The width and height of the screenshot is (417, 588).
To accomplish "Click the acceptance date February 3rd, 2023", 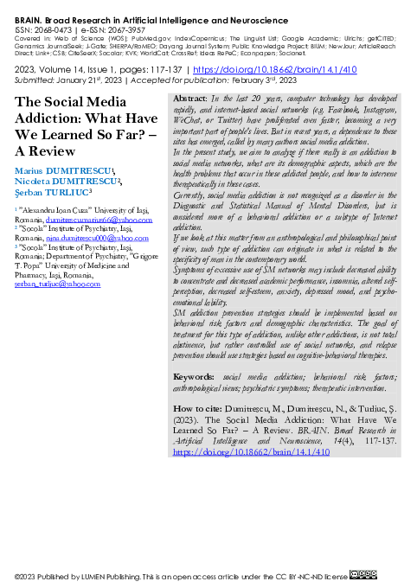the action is [x=256, y=80].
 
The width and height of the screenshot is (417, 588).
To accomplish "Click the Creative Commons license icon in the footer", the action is [x=363, y=576].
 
